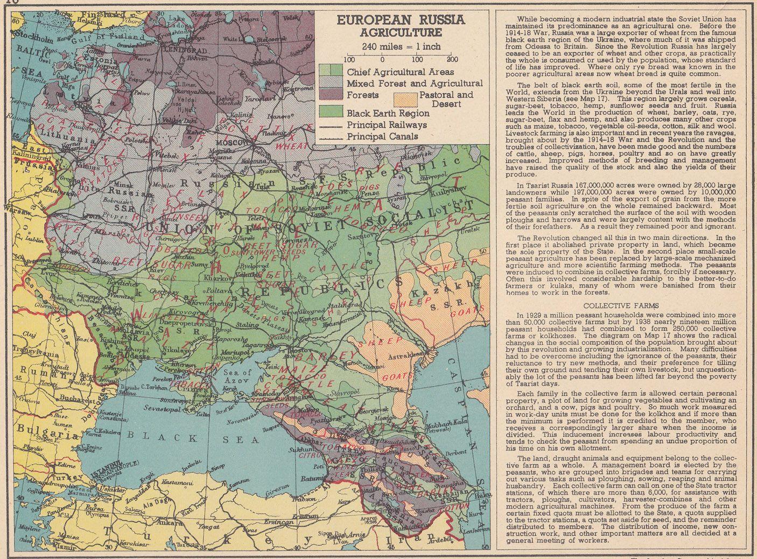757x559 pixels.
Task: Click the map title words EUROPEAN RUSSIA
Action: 401,20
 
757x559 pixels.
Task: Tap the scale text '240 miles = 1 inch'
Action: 401,46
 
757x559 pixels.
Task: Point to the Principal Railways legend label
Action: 387,125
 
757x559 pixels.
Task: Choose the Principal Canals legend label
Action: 382,136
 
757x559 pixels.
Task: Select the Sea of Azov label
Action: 239,375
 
